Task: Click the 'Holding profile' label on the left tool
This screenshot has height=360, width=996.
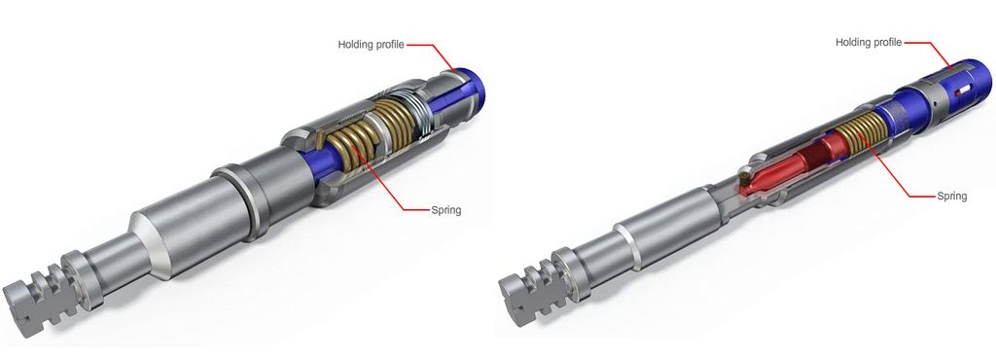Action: [371, 45]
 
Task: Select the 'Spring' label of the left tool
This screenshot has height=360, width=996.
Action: [445, 209]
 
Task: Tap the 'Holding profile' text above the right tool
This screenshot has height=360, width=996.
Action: [869, 43]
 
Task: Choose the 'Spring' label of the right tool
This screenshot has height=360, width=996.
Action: [951, 197]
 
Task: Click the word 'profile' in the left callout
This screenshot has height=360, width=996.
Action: [388, 45]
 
